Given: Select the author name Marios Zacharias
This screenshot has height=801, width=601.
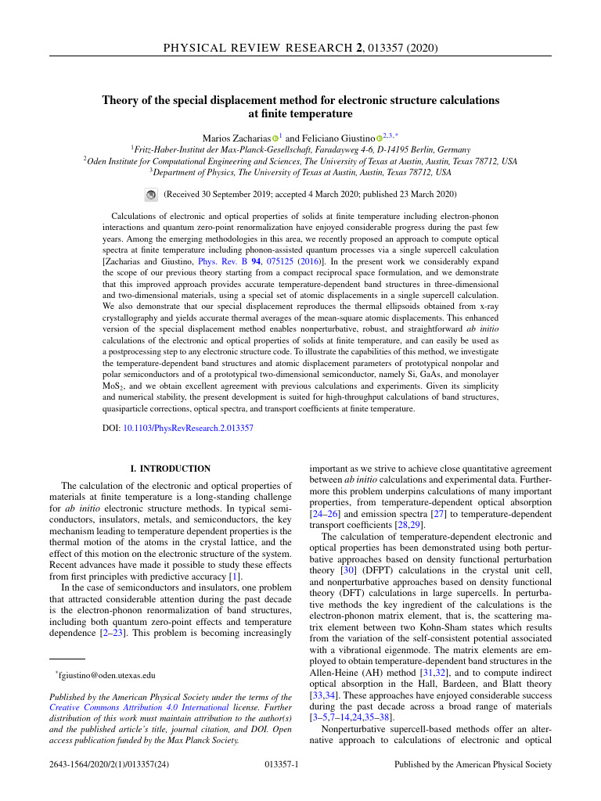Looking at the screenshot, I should [x=236, y=137].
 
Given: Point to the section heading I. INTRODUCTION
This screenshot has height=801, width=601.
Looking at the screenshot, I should [x=170, y=469].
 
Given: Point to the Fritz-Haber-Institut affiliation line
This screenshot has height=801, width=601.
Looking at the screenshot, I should [x=300, y=149].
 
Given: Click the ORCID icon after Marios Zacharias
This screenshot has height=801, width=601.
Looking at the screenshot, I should [x=275, y=138].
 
